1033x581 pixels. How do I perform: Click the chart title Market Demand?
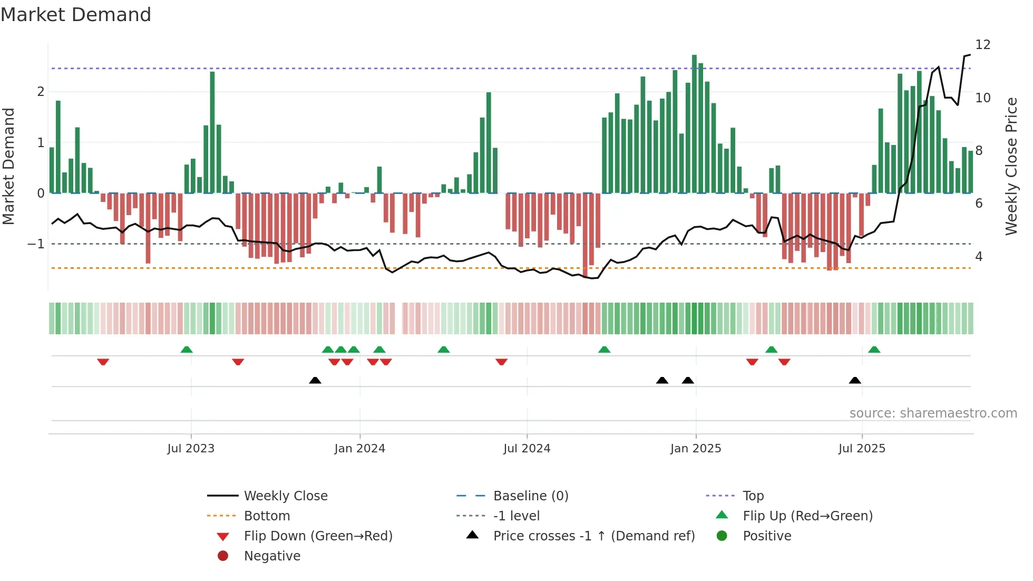pyautogui.click(x=76, y=15)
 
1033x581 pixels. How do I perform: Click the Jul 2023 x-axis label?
pyautogui.click(x=191, y=449)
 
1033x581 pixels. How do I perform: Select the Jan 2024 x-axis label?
pyautogui.click(x=359, y=449)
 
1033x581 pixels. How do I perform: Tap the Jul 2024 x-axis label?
pyautogui.click(x=527, y=449)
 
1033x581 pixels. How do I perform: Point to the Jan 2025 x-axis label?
pyautogui.click(x=695, y=449)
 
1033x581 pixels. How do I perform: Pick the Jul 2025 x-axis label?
pyautogui.click(x=862, y=449)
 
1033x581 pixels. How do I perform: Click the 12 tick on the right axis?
pyautogui.click(x=982, y=45)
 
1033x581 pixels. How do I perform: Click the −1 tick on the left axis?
pyautogui.click(x=36, y=244)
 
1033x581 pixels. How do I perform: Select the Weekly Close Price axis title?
pyautogui.click(x=1011, y=166)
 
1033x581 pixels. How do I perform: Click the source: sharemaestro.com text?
pyautogui.click(x=933, y=413)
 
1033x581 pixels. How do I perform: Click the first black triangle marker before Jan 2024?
pyautogui.click(x=315, y=380)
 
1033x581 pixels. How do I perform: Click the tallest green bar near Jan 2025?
pyautogui.click(x=694, y=124)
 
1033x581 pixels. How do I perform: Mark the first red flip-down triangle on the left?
pyautogui.click(x=103, y=362)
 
